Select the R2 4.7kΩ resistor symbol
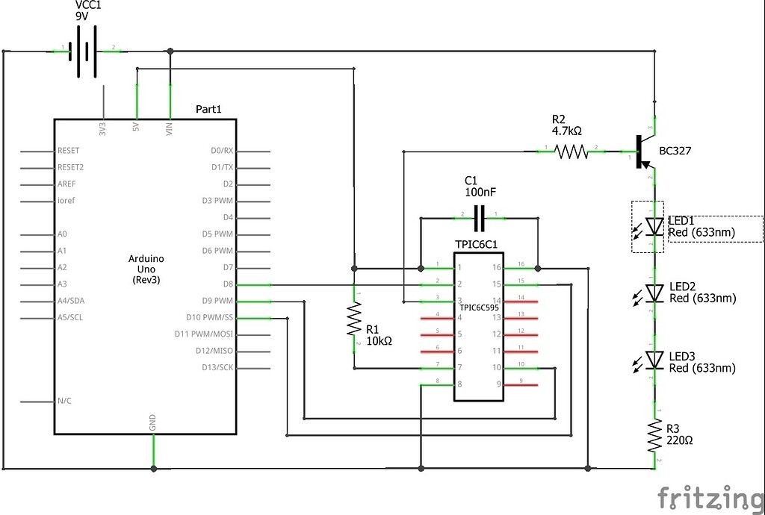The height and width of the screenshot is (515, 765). click(x=571, y=152)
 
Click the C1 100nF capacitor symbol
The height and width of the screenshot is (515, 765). click(x=479, y=218)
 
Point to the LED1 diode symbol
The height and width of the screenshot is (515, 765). click(x=654, y=225)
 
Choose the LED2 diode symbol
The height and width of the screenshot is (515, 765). click(x=654, y=293)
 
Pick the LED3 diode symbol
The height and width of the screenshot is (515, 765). click(x=654, y=360)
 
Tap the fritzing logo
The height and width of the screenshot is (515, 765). click(x=710, y=497)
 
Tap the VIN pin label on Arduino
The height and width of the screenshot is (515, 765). click(x=170, y=128)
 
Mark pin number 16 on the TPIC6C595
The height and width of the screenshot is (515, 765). click(x=496, y=267)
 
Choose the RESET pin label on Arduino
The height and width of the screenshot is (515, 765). click(x=69, y=150)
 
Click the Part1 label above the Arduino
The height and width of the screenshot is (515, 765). click(x=208, y=109)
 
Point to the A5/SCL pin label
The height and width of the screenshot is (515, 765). click(x=72, y=317)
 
